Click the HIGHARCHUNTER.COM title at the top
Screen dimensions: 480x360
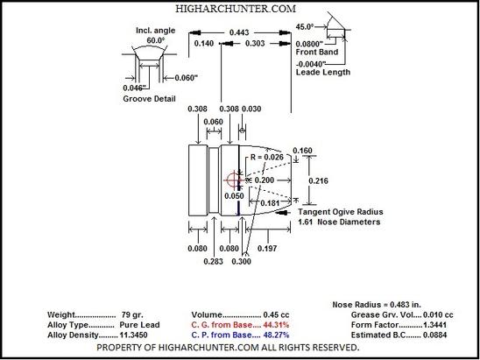(x=236, y=9)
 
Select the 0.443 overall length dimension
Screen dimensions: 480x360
(x=239, y=32)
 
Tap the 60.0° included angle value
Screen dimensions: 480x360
(x=156, y=40)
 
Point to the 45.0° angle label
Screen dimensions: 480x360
(x=305, y=27)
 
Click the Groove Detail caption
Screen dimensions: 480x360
(x=149, y=99)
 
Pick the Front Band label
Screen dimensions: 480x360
(x=317, y=52)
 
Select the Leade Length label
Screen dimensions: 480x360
(x=323, y=72)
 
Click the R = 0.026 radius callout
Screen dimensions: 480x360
(x=267, y=158)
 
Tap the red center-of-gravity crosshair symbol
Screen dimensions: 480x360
(x=234, y=180)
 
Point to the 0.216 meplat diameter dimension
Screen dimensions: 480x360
(x=318, y=181)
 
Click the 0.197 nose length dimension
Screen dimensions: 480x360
(x=267, y=248)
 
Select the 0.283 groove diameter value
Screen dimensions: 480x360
(x=214, y=261)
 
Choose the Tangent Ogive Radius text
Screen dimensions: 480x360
(x=341, y=212)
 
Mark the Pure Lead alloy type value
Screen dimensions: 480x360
(x=139, y=325)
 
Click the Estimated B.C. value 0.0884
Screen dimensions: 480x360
(x=434, y=335)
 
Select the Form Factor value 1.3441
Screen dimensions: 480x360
(x=434, y=325)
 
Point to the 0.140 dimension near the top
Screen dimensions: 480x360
(x=204, y=44)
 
